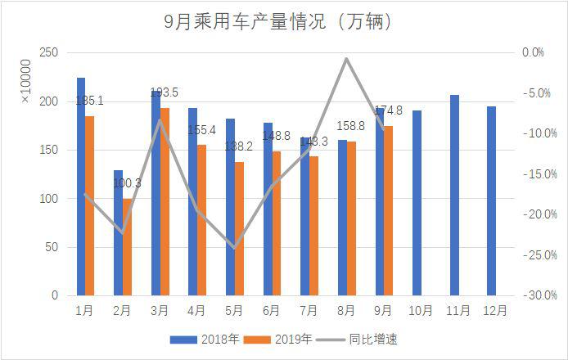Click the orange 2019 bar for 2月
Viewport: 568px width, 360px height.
[127, 245]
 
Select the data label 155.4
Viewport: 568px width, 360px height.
[201, 130]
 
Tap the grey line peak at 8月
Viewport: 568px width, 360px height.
[346, 59]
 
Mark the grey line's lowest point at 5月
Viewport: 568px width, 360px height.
[235, 248]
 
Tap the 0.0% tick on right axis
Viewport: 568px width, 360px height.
[532, 53]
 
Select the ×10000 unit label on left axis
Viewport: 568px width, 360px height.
[25, 81]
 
